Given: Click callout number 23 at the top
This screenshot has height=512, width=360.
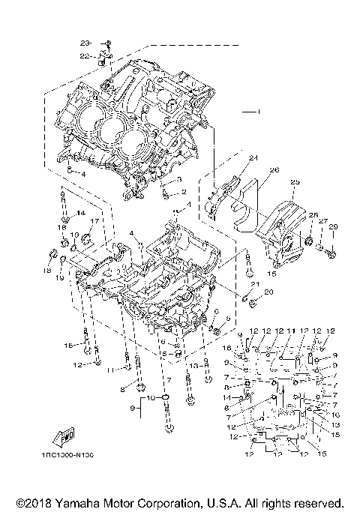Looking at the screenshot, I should click(85, 41).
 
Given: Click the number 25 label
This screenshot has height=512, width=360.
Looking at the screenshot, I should click(295, 182).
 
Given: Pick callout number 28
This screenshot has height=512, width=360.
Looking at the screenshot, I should click(313, 215).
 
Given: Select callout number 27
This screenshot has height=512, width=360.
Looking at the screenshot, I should click(324, 221).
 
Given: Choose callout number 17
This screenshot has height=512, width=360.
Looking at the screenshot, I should click(95, 222).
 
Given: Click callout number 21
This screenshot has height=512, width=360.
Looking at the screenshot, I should click(255, 285).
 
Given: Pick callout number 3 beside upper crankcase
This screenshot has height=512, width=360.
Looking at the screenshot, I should click(180, 180).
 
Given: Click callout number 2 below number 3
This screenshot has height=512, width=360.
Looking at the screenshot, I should click(184, 192).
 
